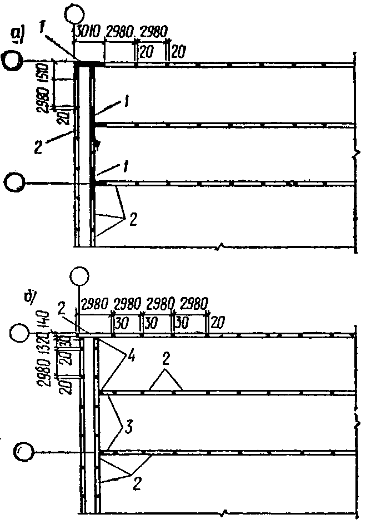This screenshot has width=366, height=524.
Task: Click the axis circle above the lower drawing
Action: [80, 276]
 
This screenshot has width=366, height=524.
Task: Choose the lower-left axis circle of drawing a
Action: [14, 181]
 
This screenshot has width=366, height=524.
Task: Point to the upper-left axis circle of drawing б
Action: [21, 334]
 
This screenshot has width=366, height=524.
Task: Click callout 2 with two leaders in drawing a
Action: [133, 218]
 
